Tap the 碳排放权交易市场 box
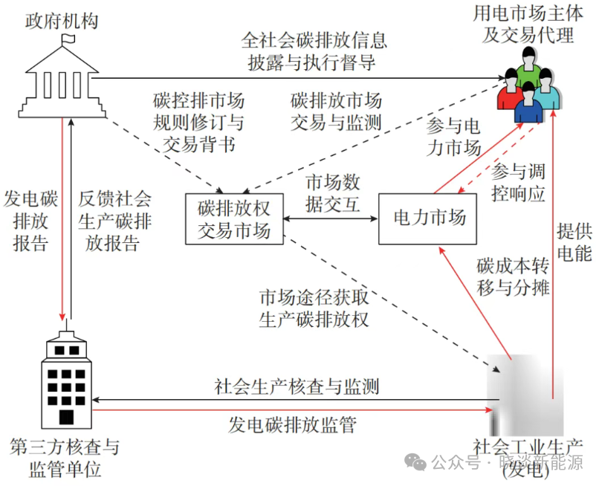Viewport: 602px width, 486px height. pyautogui.click(x=234, y=218)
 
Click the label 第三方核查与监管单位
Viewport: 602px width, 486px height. pyautogui.click(x=65, y=459)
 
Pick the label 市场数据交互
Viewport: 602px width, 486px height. pyautogui.click(x=333, y=192)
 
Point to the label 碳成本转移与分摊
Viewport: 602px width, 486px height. pyautogui.click(x=514, y=277)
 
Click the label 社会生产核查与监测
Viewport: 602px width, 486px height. pyautogui.click(x=297, y=387)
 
